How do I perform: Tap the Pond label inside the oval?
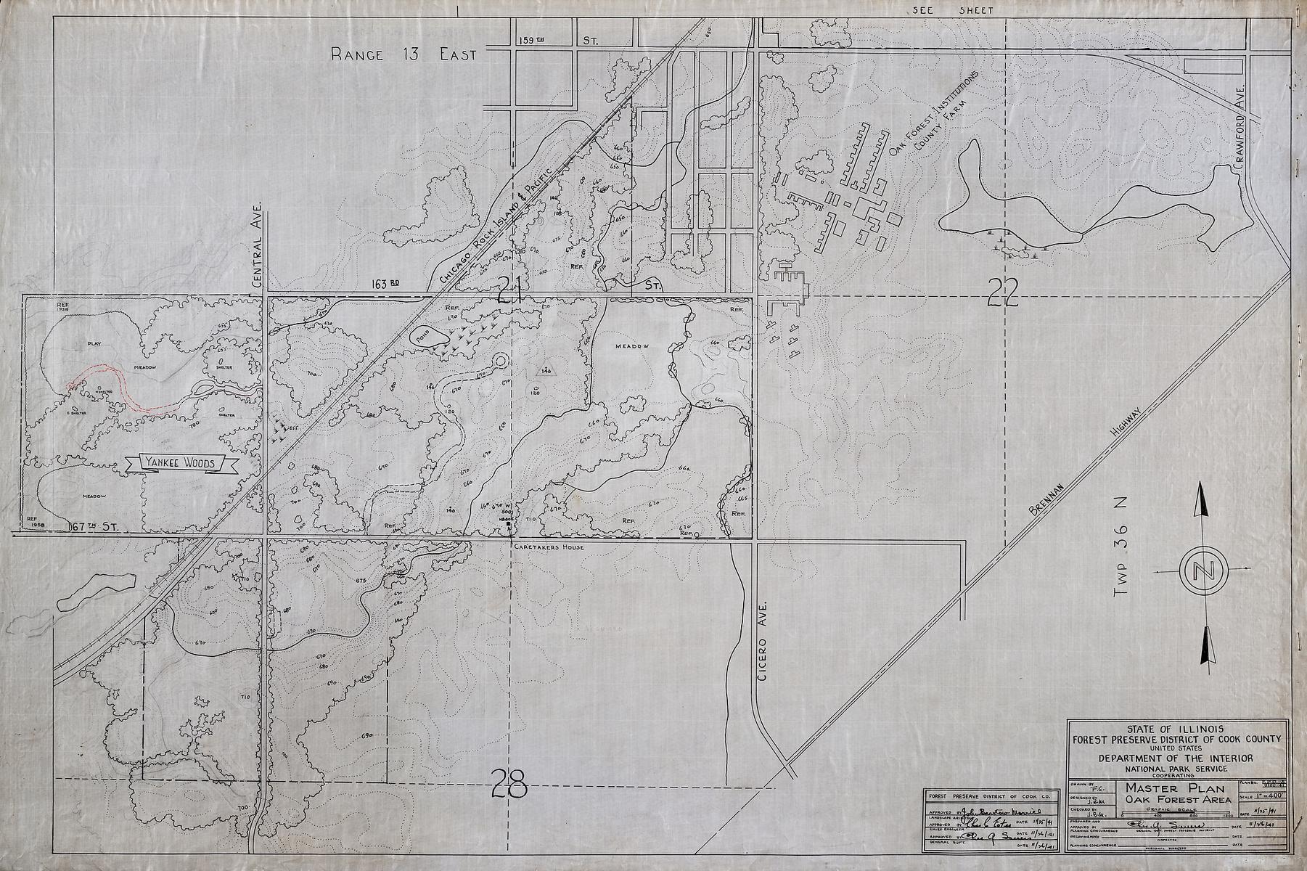[x=422, y=335]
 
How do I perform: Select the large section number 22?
[x=1005, y=290]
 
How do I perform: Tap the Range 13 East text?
[x=403, y=54]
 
